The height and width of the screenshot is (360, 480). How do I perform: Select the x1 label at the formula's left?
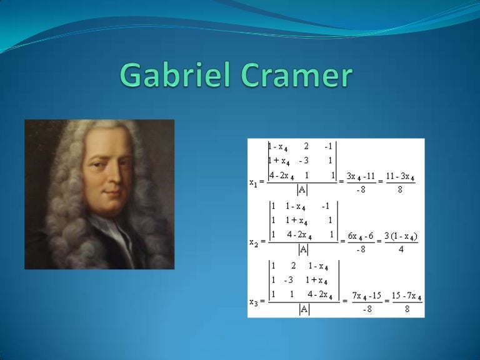pyautogui.click(x=254, y=183)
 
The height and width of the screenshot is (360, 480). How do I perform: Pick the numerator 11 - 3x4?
pyautogui.click(x=400, y=178)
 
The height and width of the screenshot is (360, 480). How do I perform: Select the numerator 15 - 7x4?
pyautogui.click(x=406, y=295)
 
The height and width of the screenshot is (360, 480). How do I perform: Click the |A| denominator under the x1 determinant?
pyautogui.click(x=302, y=189)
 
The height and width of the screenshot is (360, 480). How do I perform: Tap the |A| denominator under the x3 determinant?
pyautogui.click(x=304, y=307)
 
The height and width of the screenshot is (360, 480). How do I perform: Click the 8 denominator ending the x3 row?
pyautogui.click(x=406, y=307)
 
